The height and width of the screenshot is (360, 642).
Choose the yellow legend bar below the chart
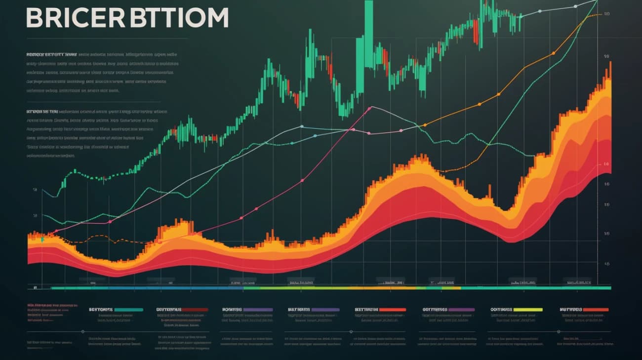coord(528,310)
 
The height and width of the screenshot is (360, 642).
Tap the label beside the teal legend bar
coord(101,310)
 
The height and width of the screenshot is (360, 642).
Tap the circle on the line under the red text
coord(83,332)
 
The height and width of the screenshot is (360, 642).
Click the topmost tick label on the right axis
coord(606,14)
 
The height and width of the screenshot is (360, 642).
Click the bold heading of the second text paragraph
coord(42,112)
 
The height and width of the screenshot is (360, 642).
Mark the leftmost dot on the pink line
coord(56,231)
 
